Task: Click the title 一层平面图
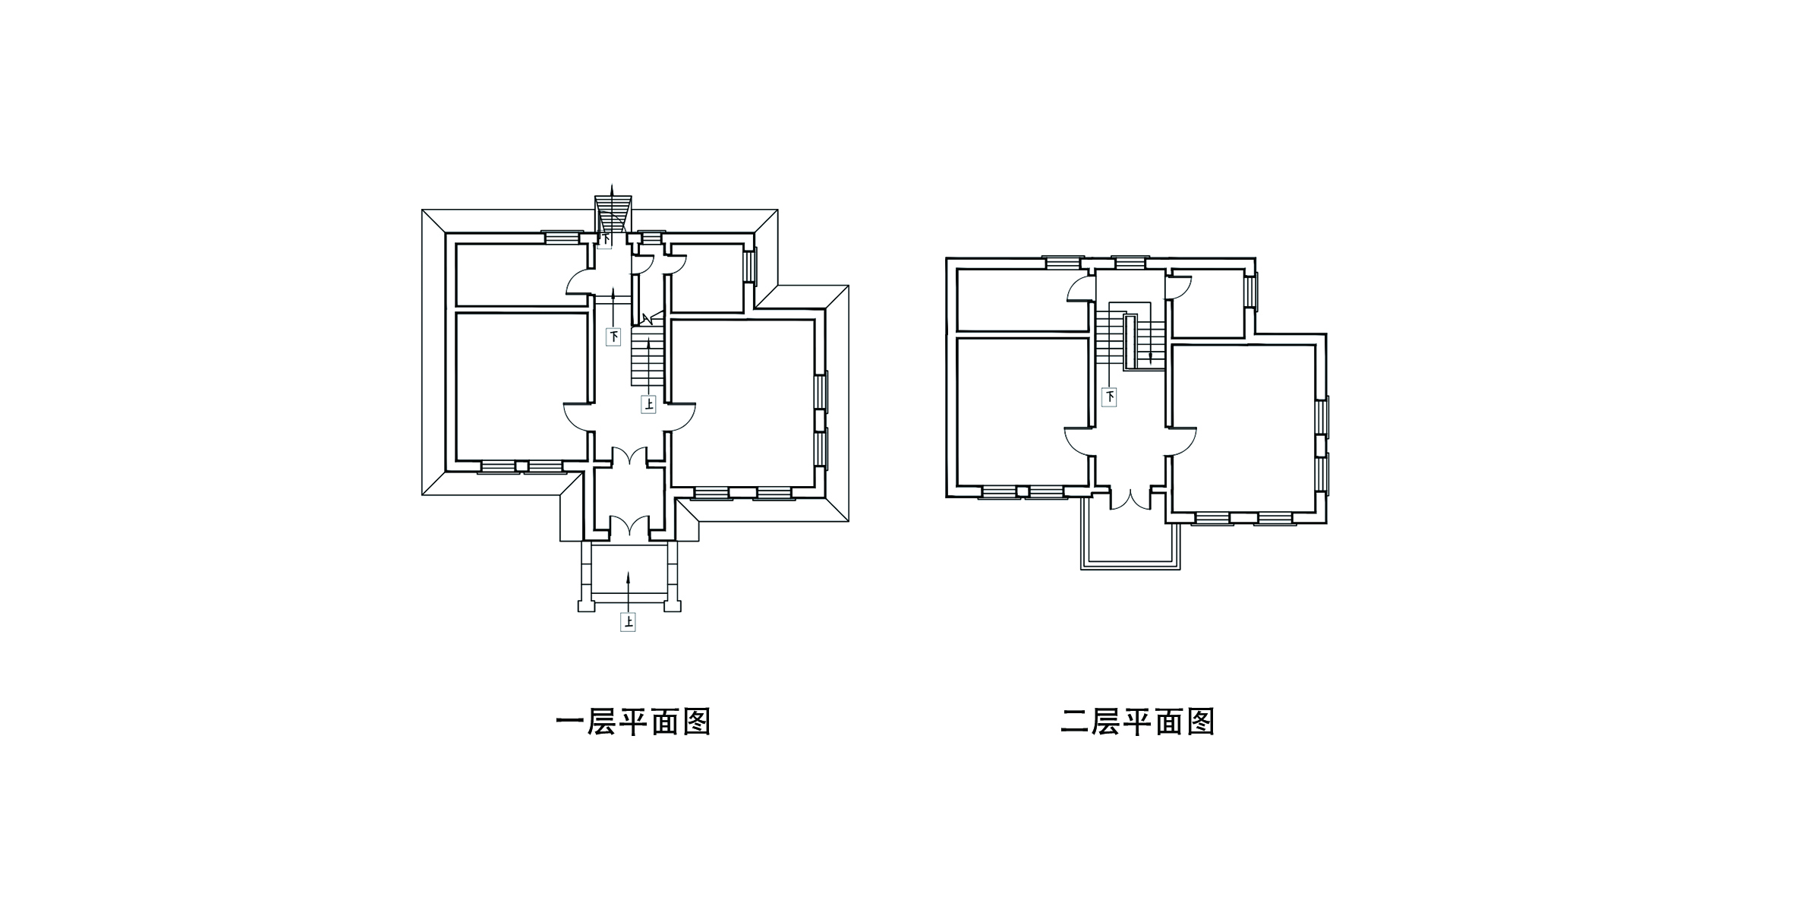633,722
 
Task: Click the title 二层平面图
1137,722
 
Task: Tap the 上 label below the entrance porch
628,622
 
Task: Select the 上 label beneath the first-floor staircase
648,404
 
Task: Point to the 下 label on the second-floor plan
1110,397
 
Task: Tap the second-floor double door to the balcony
1131,500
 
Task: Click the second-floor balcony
1130,535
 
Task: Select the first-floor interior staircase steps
648,357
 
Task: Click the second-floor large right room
1244,429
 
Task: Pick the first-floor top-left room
522,274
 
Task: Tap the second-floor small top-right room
1208,304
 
